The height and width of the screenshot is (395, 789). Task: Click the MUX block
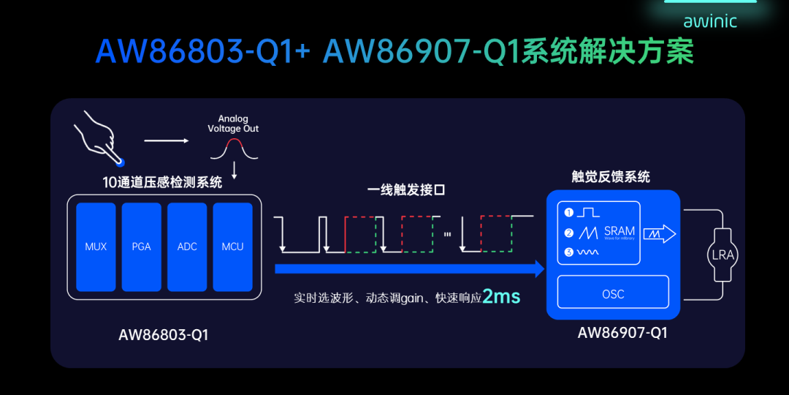coord(96,247)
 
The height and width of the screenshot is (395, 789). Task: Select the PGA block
coord(141,247)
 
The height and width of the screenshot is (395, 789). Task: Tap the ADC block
coord(187,247)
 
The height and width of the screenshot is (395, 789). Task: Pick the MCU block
coord(232,247)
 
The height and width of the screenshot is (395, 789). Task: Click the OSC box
coord(613,293)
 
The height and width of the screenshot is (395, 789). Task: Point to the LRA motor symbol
coord(723,255)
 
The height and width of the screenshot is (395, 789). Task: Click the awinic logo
coord(709,20)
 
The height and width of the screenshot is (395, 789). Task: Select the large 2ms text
coord(501,297)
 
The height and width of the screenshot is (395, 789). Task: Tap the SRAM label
coord(619,231)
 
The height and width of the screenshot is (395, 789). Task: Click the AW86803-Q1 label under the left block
coord(164,336)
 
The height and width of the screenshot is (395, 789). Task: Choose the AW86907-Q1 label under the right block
coord(622,333)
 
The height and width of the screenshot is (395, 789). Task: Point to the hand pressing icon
coord(99,137)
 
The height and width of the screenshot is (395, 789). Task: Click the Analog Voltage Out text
coord(233,124)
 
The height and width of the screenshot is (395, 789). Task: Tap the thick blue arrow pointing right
coord(409,270)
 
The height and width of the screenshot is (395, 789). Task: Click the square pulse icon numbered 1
coord(588,212)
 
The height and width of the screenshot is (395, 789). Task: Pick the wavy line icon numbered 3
coord(588,252)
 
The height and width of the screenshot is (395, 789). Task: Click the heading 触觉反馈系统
coord(610,177)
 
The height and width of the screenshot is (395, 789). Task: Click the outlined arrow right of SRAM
coord(660,233)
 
